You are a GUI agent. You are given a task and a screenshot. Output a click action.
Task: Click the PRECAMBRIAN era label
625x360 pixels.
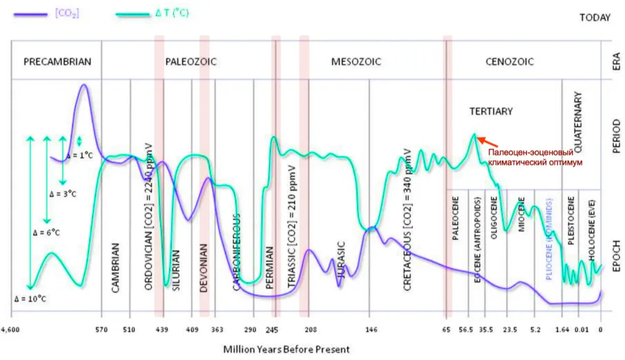57,61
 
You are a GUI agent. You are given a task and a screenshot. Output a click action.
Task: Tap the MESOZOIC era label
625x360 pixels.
356,61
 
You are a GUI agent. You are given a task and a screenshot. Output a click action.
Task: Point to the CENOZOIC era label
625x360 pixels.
509,61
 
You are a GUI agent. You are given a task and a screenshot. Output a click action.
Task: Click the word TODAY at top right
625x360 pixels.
594,17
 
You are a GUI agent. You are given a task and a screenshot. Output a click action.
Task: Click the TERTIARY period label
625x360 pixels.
491,111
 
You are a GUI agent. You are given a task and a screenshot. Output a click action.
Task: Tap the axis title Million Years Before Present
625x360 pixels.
286,349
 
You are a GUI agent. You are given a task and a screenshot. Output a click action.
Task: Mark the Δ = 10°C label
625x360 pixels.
31,298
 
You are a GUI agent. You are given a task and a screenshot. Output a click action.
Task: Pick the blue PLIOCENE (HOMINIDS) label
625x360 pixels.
550,241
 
